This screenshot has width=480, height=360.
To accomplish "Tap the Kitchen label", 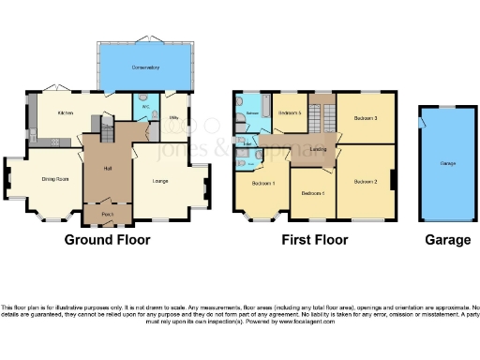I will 65,112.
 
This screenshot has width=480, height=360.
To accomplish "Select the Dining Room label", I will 55,178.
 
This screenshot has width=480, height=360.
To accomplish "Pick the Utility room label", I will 174,118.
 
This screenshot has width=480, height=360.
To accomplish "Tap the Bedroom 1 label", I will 262,182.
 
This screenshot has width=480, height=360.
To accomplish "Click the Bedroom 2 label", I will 365,181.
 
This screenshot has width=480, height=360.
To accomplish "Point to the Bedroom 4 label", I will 312,193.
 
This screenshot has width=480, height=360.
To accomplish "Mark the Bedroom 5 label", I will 290,113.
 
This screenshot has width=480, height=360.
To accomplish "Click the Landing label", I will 318,149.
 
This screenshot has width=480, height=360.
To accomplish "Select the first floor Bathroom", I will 252,113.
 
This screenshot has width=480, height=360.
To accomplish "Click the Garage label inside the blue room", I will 448,164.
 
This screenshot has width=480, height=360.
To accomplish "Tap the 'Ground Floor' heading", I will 107,240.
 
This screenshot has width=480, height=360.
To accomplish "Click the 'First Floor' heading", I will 315,240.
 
